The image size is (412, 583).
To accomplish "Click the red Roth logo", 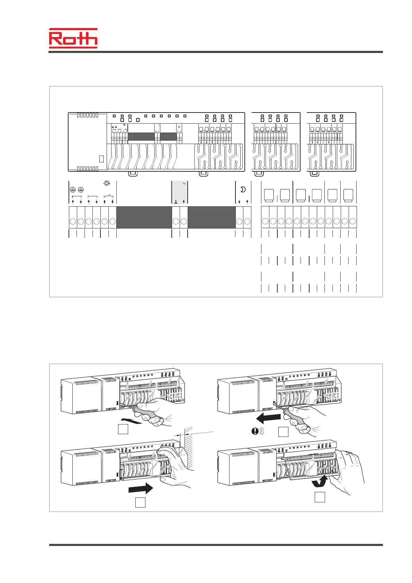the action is (73, 38).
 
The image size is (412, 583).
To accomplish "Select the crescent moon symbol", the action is (243, 189).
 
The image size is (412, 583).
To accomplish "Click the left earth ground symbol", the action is (73, 190).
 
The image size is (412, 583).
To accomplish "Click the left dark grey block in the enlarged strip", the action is (144, 217).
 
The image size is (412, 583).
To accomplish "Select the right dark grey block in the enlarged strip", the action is (212, 217).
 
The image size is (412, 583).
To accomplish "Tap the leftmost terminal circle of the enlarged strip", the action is (73, 221).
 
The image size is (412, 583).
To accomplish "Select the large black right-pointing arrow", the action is (140, 488).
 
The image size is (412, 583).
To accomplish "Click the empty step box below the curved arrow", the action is (320, 497).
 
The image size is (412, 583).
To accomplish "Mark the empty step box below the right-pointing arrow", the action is (140, 502).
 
